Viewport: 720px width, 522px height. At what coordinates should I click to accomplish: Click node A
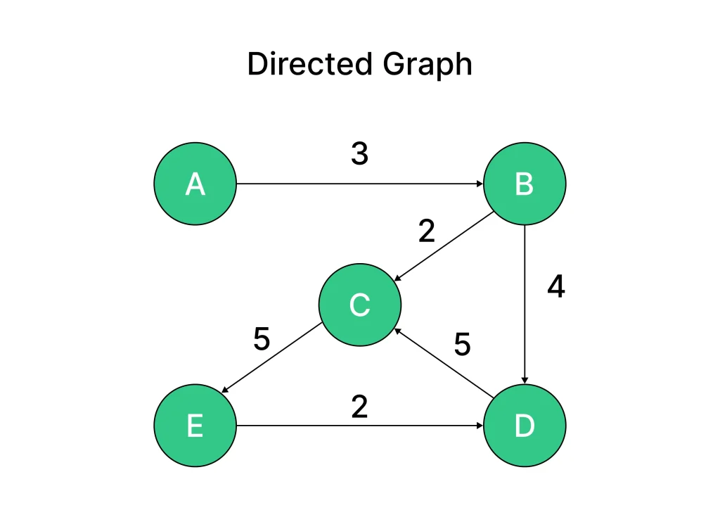coord(195,184)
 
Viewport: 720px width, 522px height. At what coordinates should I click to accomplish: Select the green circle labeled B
coord(525,184)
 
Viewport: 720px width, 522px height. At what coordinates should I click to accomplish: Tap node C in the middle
coord(359,305)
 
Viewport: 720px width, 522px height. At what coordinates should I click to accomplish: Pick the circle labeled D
coord(525,426)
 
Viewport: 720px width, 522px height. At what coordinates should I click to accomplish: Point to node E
coord(195,426)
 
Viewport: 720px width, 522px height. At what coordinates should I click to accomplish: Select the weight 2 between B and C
coord(427,231)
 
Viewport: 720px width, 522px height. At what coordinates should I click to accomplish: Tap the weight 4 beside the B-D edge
coord(556,286)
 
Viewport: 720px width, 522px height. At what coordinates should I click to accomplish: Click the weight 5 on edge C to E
coord(262,340)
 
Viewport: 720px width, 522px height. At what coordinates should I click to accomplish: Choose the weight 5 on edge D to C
coord(462,344)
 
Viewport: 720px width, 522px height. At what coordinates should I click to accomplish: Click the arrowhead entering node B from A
coord(480,184)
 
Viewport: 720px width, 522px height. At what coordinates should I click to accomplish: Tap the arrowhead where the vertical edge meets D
coord(525,380)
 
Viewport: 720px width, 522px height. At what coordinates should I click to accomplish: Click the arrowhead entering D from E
coord(480,426)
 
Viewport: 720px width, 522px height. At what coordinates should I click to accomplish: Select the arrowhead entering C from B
coord(398,279)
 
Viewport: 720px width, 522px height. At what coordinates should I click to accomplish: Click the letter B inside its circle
coord(525,184)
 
